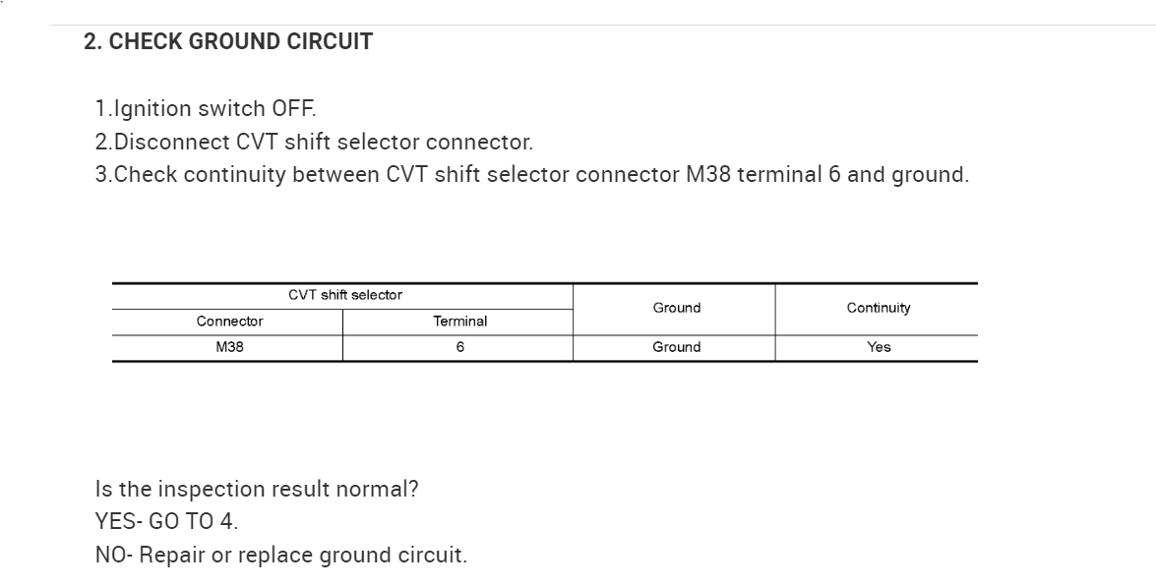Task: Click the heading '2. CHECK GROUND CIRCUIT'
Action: pos(228,42)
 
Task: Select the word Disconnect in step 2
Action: pos(172,142)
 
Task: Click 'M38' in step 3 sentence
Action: pos(707,175)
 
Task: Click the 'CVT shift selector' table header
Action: pos(344,295)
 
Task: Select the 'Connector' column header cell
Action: pos(229,322)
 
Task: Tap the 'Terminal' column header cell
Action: pos(459,322)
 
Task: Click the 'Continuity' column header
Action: pos(878,308)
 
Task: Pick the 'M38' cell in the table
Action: pos(229,347)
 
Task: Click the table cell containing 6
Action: pos(459,347)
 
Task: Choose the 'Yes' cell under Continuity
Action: pos(878,347)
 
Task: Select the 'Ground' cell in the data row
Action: pos(676,347)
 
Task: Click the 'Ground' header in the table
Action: pos(676,308)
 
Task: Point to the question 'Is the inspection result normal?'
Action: pos(257,489)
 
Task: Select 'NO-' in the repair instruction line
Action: pos(114,555)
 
